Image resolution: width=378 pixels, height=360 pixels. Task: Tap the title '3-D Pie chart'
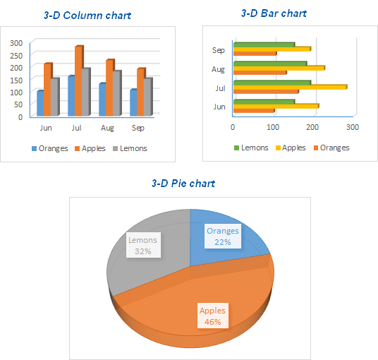[183, 183]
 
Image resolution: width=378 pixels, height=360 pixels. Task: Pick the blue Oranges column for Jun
[40, 103]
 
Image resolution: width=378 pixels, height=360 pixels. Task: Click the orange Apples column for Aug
[109, 88]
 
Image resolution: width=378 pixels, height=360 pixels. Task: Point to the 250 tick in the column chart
[16, 54]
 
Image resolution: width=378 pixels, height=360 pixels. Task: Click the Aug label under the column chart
[107, 128]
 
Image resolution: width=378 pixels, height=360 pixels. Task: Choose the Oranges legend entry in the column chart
[49, 148]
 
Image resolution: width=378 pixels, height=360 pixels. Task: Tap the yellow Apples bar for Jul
[289, 87]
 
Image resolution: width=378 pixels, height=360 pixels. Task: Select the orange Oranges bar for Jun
[253, 110]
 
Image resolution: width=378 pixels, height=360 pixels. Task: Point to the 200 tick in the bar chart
[312, 127]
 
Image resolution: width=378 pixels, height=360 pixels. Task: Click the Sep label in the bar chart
[218, 50]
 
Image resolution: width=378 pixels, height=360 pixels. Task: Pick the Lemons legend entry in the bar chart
[250, 148]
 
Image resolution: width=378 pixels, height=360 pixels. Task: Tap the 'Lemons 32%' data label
[143, 244]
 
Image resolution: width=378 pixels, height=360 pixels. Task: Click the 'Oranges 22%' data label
[222, 236]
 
